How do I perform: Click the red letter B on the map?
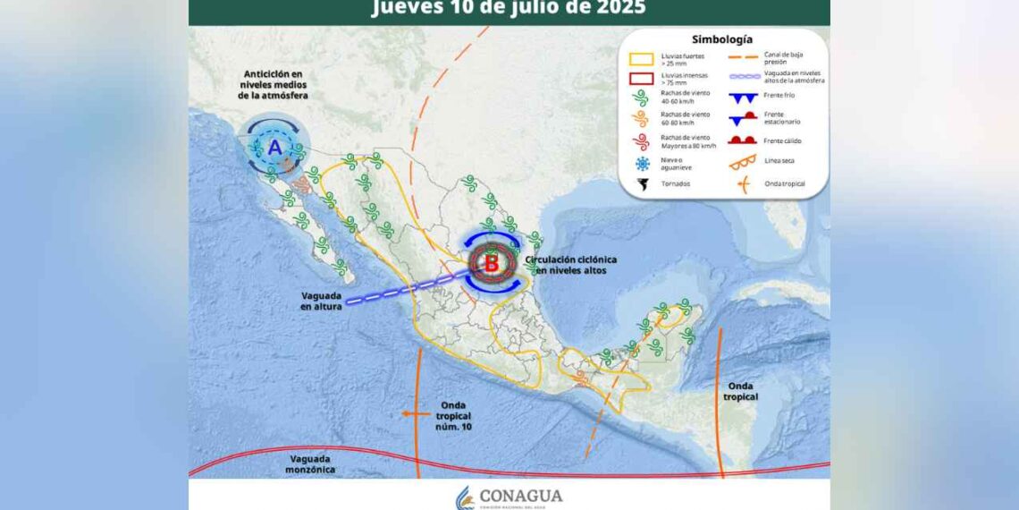tap(492, 263)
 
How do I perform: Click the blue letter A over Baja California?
tap(274, 147)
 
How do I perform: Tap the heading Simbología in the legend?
tap(722, 39)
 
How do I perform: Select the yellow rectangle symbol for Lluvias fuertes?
tap(640, 60)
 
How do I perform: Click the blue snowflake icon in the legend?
tap(641, 164)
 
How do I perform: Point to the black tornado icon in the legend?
tap(641, 184)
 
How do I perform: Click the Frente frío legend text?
tap(779, 97)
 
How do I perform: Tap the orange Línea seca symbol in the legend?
tap(742, 162)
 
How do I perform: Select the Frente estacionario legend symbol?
tap(742, 118)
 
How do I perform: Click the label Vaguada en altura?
tap(321, 301)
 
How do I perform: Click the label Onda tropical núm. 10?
tap(453, 416)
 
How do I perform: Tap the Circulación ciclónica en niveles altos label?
tap(570, 264)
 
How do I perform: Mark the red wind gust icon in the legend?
tap(641, 140)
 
